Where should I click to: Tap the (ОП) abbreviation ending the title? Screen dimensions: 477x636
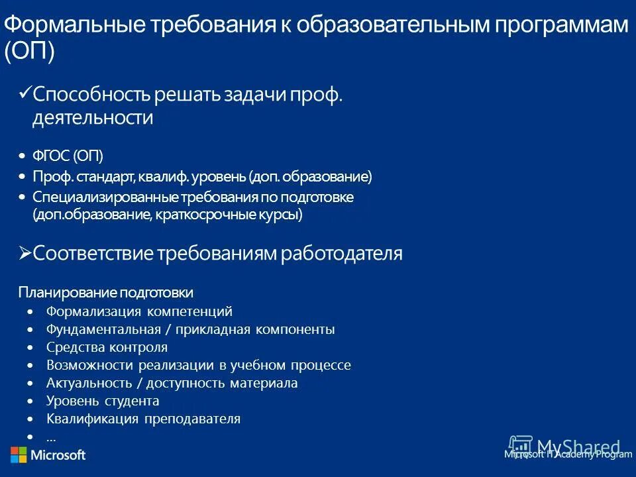29,52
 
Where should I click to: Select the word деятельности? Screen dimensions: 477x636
93,119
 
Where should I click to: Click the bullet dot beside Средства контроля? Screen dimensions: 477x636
30,347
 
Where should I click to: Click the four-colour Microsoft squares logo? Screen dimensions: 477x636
19,455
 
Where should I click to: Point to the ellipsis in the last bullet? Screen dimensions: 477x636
51,437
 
